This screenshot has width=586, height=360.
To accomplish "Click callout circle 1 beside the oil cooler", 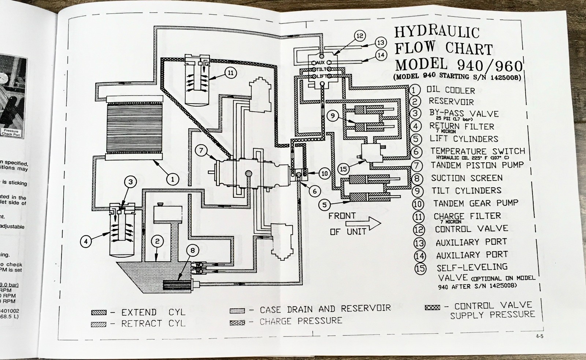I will coord(173,179).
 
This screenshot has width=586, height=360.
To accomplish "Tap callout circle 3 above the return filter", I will coord(132,181).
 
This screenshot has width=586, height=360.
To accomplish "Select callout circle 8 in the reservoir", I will coord(193,250).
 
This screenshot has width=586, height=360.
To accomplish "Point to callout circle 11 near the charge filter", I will coord(230,73).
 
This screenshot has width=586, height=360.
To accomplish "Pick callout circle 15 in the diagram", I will coord(343,169).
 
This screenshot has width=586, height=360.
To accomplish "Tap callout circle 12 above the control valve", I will coord(360,36).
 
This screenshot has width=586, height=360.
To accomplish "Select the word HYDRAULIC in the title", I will coord(437,31).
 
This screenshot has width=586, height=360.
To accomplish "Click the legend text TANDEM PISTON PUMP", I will coord(477,165).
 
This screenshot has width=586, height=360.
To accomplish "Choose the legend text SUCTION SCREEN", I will coord(467,178).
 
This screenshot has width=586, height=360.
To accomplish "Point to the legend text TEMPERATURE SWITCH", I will coord(478,151).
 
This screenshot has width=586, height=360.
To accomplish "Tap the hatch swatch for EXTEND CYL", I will coord(99,312).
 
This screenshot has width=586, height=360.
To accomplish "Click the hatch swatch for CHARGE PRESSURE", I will coord(237,323).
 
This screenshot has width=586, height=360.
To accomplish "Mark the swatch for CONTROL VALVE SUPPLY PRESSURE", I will coord(432,308).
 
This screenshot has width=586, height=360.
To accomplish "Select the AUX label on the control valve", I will coord(320,63).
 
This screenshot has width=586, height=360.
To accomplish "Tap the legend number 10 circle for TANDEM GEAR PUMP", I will coord(418,204).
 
